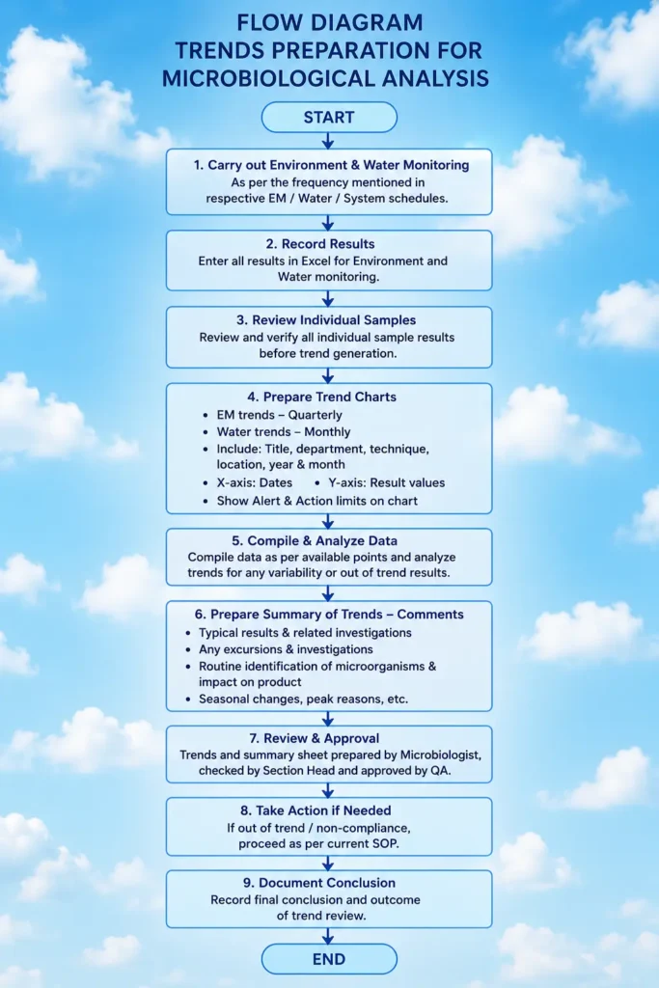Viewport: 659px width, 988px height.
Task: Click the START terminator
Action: click(x=329, y=117)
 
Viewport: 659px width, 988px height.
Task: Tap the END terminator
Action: click(x=329, y=959)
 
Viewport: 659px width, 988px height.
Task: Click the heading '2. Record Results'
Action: click(x=328, y=244)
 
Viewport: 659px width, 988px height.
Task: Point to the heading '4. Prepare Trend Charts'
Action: click(x=322, y=397)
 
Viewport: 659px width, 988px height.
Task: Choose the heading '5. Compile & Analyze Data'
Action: click(x=315, y=540)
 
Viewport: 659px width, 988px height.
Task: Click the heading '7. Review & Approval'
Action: click(x=314, y=738)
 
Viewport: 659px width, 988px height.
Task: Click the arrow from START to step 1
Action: click(x=328, y=141)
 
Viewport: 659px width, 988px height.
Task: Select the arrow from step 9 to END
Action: click(x=328, y=935)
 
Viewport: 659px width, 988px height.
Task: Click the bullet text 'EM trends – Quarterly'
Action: click(x=279, y=415)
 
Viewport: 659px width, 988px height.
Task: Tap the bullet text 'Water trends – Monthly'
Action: click(x=284, y=431)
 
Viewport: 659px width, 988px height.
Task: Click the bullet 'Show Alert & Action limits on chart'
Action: click(x=316, y=501)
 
